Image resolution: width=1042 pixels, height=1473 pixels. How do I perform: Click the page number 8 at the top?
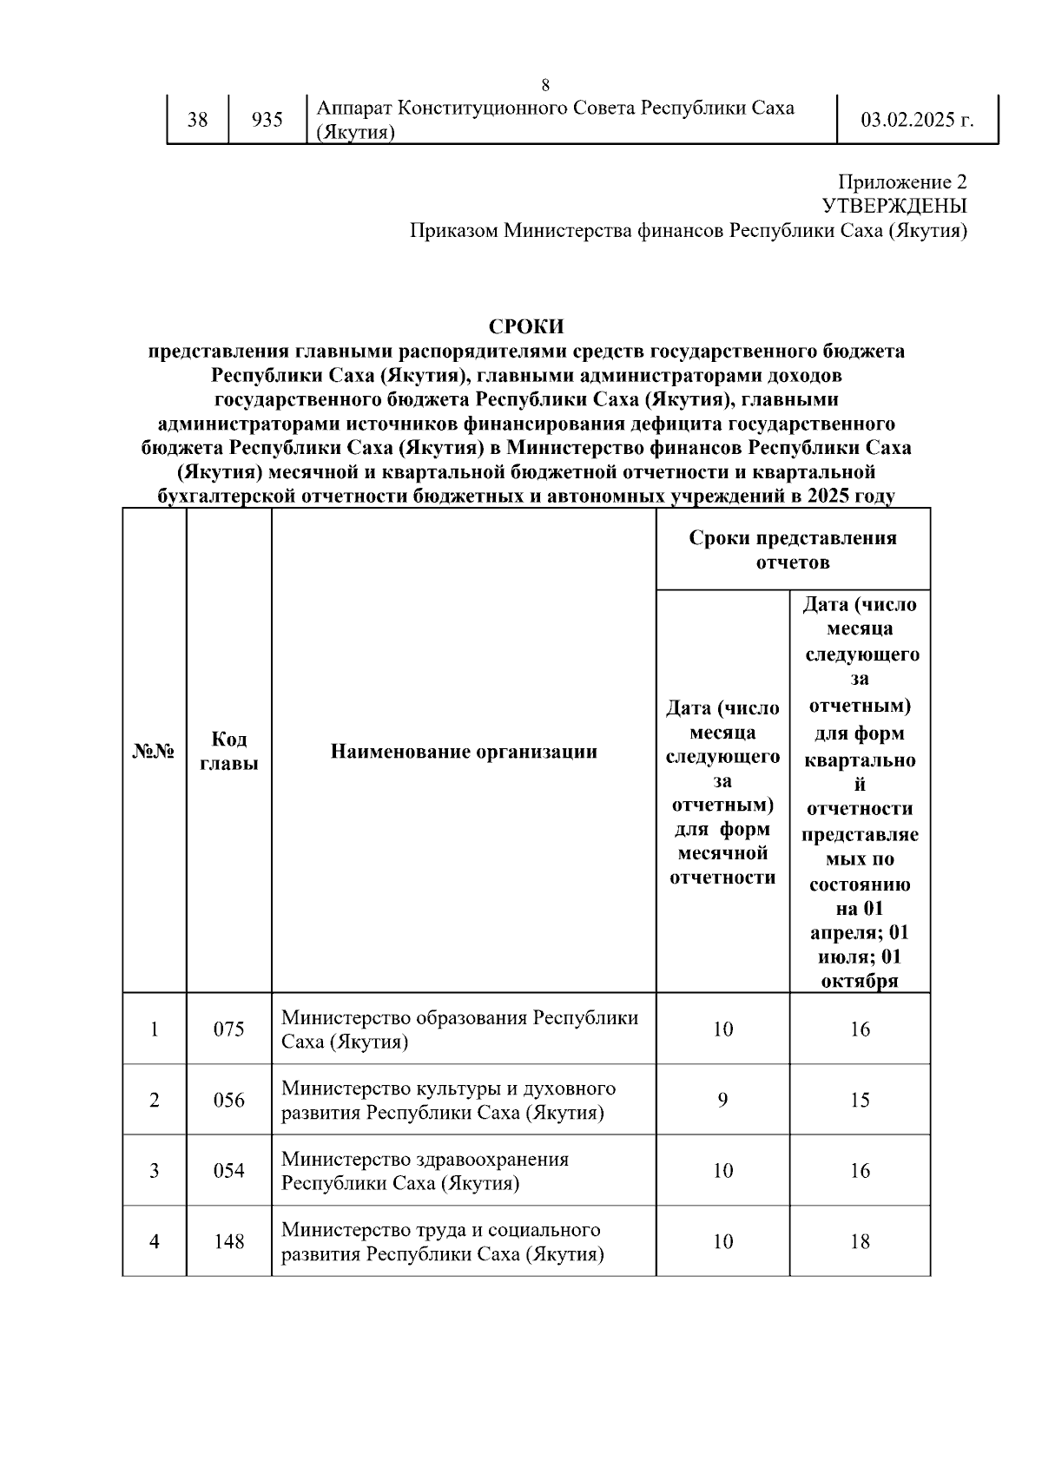pos(545,85)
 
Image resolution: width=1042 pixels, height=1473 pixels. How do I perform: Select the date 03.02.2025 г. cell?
pos(917,120)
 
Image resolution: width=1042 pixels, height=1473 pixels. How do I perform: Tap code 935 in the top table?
pos(267,120)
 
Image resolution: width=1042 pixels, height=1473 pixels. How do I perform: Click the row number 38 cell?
pos(198,120)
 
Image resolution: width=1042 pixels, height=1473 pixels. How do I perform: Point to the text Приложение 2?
pos(901,182)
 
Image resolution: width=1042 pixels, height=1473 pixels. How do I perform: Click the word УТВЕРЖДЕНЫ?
pos(894,207)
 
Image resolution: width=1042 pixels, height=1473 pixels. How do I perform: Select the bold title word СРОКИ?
pos(526,326)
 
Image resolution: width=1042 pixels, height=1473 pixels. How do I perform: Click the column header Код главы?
pos(229,751)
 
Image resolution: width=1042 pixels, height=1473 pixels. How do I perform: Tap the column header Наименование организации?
pos(464,752)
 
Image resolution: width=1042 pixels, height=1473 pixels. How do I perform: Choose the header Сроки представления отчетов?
pos(793,549)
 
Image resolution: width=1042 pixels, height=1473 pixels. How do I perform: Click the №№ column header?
pos(154,752)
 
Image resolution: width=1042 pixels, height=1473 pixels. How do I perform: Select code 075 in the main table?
pos(229,1029)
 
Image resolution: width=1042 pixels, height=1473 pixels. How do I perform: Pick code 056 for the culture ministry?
pos(229,1101)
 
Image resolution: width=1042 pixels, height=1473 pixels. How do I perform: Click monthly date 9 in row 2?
pos(722,1101)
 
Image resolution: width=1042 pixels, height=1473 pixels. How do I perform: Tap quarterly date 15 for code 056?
pos(860,1101)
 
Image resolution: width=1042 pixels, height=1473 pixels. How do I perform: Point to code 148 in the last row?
pos(229,1242)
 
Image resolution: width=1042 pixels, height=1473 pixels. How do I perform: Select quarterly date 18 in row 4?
pos(860,1242)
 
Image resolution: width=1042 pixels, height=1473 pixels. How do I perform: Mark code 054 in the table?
pos(229,1171)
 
